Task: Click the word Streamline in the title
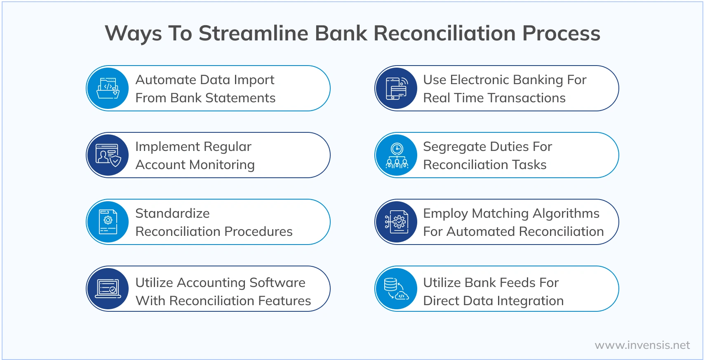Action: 253,33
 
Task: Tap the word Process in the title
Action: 561,33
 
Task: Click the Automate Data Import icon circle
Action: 108,88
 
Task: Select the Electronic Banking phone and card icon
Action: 396,88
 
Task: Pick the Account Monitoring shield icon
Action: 108,155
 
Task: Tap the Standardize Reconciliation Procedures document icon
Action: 108,222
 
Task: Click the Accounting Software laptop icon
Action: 108,289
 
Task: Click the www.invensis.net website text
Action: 642,345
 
